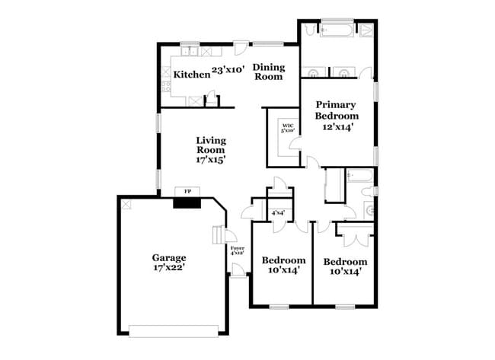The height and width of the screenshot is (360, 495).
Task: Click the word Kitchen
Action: click(x=191, y=75)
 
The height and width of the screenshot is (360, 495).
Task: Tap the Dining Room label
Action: click(x=268, y=72)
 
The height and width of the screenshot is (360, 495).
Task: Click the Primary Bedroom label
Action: click(x=337, y=110)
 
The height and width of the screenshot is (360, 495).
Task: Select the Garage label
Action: click(x=169, y=257)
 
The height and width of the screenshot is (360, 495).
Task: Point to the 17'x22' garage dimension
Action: click(x=169, y=268)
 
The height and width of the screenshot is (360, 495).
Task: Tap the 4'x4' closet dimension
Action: click(x=278, y=214)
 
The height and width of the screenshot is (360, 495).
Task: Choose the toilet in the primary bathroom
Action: click(x=366, y=31)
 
